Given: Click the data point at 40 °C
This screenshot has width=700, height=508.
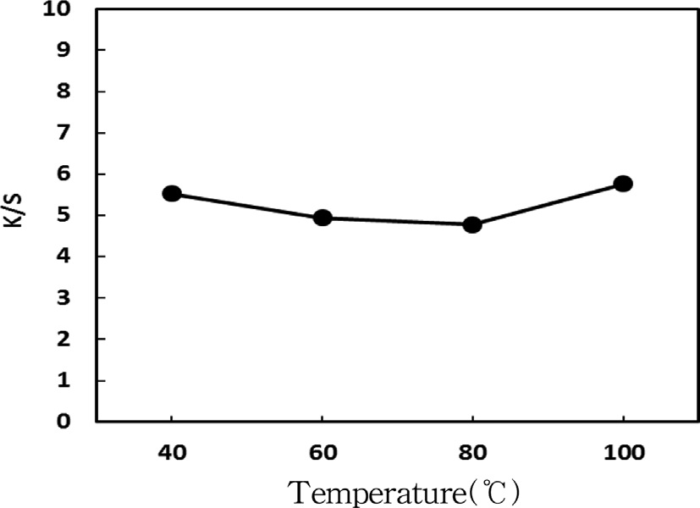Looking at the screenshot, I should click(x=172, y=194).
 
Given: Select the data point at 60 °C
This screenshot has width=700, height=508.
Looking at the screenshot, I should click(x=322, y=218).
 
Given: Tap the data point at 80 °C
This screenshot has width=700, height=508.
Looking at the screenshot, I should click(x=472, y=225).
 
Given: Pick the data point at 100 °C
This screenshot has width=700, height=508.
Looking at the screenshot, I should click(x=623, y=184).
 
